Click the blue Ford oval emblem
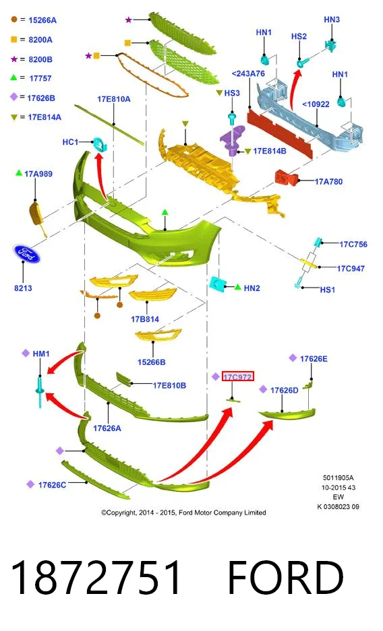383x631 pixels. coord(26,254)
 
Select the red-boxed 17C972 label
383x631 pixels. coord(237,376)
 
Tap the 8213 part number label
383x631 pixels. coord(23,288)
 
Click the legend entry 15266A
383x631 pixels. coord(42,20)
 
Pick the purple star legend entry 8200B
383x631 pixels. coord(40,59)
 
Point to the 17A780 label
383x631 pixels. coord(328,182)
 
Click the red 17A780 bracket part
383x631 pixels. coord(286,178)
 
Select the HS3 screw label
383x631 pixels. coord(232,93)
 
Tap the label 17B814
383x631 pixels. coord(145,319)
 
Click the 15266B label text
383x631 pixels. coord(152,362)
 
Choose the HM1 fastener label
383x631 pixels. coord(41,354)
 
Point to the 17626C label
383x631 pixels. coord(52,485)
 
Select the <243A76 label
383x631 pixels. coord(249,73)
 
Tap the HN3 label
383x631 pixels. coord(332,20)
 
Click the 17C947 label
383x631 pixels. coord(351,269)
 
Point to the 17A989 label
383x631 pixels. coord(38,174)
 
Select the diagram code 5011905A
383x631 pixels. coord(338,477)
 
